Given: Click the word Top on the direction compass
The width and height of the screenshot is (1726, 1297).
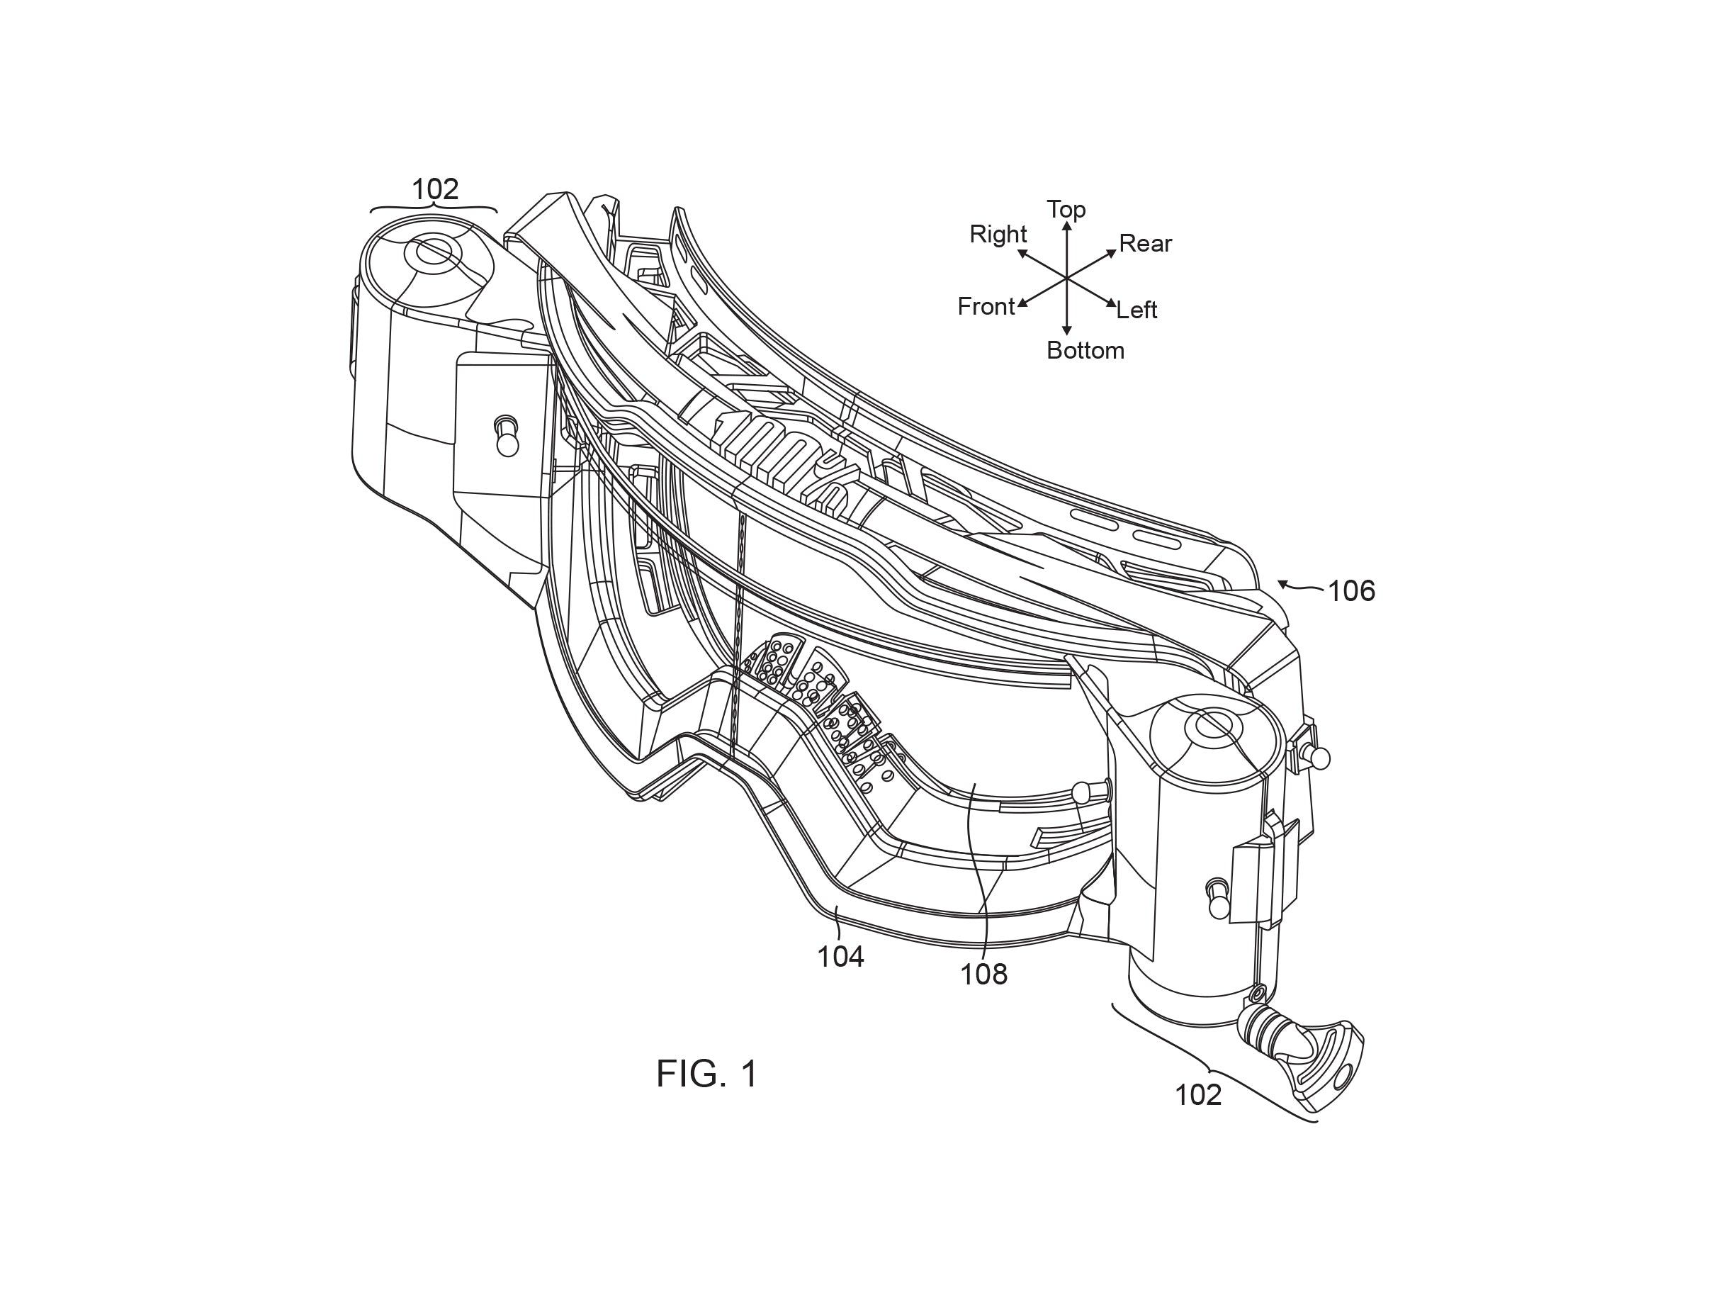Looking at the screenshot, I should coord(1066,209).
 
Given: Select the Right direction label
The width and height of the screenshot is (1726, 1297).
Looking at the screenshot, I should coord(998,234).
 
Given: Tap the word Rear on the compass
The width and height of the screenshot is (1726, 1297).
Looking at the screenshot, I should coord(1145,244).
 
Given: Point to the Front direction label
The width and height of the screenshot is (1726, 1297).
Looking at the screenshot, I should coord(986,307).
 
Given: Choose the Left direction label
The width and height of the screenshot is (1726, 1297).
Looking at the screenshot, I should coord(1136,310).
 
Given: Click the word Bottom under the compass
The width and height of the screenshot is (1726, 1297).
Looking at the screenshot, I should coord(1085,350).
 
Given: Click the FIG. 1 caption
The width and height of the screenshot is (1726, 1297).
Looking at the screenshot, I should coord(706,1074).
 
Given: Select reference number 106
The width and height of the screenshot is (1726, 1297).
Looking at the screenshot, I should coord(1350,592).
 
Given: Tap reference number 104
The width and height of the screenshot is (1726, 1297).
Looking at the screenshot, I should coord(840,957).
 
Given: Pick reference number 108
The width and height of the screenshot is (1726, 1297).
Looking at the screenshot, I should coord(983,974).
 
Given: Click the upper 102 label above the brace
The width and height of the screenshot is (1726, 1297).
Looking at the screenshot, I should coord(434,189).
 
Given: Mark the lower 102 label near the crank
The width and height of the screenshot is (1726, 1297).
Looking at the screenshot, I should coord(1197,1096).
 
